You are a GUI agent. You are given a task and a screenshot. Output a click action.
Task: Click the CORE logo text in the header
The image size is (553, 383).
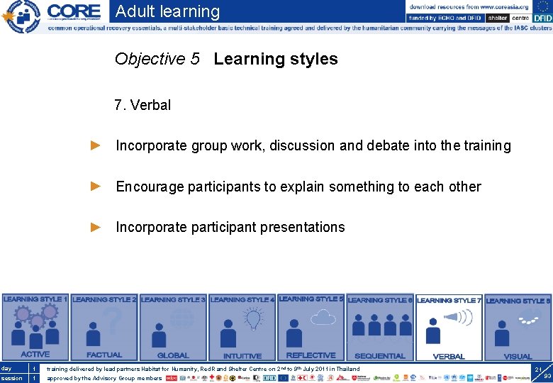pos(74,11)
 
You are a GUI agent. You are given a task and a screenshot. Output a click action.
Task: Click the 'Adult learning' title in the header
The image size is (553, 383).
pos(167,11)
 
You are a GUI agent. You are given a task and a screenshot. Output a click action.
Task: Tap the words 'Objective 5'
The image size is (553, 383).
pos(157,60)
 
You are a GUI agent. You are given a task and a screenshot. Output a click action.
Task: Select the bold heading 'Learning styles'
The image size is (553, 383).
pos(276,60)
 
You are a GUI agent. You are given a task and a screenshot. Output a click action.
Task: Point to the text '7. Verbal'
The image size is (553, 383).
pos(143,106)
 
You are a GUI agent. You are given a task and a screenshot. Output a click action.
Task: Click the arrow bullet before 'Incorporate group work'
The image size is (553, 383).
pos(96,146)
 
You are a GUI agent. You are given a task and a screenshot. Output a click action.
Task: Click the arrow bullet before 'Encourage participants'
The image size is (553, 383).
pos(96,187)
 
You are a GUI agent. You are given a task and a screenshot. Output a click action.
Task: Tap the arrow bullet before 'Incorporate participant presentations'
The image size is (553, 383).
pos(96,227)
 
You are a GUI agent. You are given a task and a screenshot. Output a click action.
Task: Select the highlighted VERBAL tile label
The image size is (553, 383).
pos(448,356)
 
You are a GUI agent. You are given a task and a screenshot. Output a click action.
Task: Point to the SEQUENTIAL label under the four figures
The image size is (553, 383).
pos(379,356)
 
